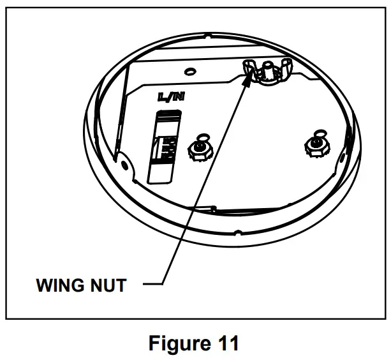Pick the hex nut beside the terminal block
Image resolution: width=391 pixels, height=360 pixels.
pos(200,151)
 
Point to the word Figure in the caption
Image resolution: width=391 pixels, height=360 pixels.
pos(176,343)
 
